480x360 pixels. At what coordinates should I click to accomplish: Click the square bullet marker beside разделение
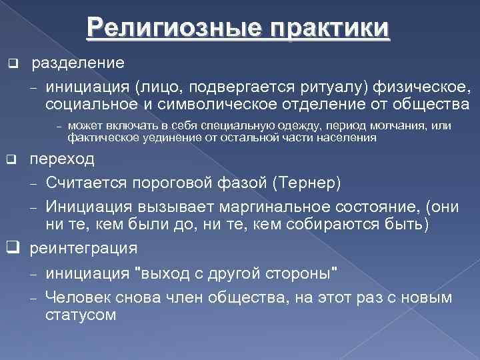click(x=11, y=64)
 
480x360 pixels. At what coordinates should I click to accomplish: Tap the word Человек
click(x=80, y=297)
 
